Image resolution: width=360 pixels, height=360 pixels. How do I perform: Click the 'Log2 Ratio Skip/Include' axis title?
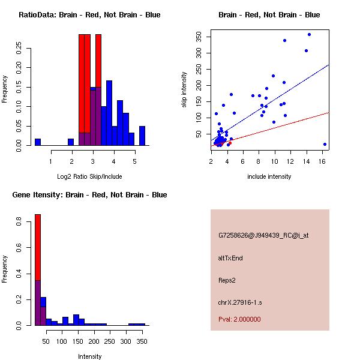click(x=89, y=176)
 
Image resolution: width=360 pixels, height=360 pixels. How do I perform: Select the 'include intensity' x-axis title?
click(x=269, y=176)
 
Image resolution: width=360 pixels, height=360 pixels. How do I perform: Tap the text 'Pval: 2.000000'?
click(x=239, y=319)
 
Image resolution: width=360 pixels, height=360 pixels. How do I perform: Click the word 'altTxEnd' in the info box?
click(x=230, y=258)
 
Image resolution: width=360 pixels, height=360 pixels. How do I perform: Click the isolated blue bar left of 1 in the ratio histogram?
click(x=38, y=142)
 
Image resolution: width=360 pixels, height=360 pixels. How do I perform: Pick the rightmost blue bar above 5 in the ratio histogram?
click(x=142, y=136)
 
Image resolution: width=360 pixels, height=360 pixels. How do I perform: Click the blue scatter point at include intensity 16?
click(x=325, y=144)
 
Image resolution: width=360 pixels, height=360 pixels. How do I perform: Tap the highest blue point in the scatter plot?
click(x=309, y=34)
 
